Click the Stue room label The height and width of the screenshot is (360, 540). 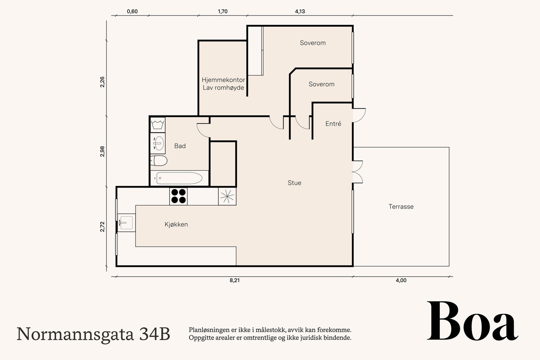pos(294,183)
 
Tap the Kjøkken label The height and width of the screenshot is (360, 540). pos(176,224)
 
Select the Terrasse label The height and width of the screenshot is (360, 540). pos(401,206)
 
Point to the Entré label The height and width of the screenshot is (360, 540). pos(333,123)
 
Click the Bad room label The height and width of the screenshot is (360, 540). pos(180,146)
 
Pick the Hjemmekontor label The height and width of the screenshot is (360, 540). pos(223,80)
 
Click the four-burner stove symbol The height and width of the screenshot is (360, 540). pos(179,196)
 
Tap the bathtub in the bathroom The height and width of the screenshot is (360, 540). pos(179,178)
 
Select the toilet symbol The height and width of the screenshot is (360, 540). pos(159,161)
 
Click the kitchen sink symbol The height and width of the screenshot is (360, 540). pos(126,223)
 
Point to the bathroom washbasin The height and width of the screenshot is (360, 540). pos(158,143)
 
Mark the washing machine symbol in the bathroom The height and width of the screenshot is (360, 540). pos(158,125)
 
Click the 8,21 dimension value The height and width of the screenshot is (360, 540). pos(235,280)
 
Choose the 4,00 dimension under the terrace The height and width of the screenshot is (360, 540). pos(401,280)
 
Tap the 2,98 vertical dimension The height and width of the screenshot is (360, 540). pos(103,151)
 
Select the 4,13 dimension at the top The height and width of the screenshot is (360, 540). pos(300,11)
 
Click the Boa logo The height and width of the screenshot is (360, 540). pos(473,321)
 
